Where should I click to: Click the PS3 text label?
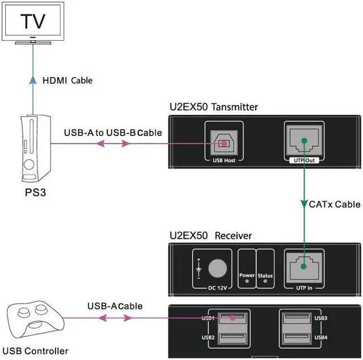pos(35,193)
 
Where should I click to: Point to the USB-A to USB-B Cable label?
pos(113,133)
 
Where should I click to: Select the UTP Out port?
pos(305,142)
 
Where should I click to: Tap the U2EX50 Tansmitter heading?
pos(214,107)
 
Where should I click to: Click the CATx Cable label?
pos(334,204)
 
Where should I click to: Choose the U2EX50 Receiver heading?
pos(210,235)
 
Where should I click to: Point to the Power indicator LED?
pos(247,265)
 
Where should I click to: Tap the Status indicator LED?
pos(265,265)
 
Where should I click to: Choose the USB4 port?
pos(295,339)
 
